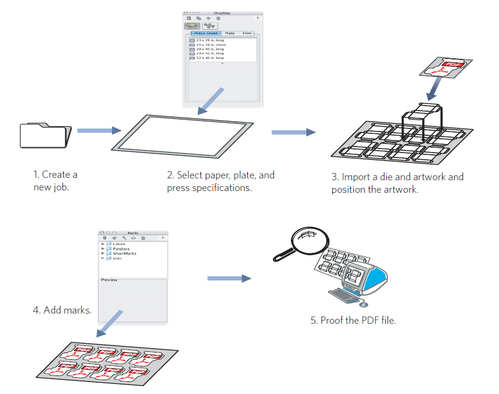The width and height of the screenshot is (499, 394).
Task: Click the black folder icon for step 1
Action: coord(46,135)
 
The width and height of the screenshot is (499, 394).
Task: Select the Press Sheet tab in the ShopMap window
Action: coord(206,33)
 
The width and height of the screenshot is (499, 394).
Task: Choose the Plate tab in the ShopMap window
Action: coord(230,33)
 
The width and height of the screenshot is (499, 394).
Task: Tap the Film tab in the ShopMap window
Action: coord(247,33)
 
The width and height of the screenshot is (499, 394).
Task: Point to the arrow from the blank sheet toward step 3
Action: coord(293,132)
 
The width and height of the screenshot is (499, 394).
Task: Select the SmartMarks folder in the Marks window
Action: coord(124,253)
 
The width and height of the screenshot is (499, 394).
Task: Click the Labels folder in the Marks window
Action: coord(120,244)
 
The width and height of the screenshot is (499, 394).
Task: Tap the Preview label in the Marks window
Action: coord(109,280)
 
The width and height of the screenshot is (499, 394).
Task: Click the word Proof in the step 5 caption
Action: coord(331,320)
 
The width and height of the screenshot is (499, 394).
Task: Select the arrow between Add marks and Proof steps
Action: coord(229,278)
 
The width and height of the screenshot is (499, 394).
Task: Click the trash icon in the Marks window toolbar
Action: coord(143,238)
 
